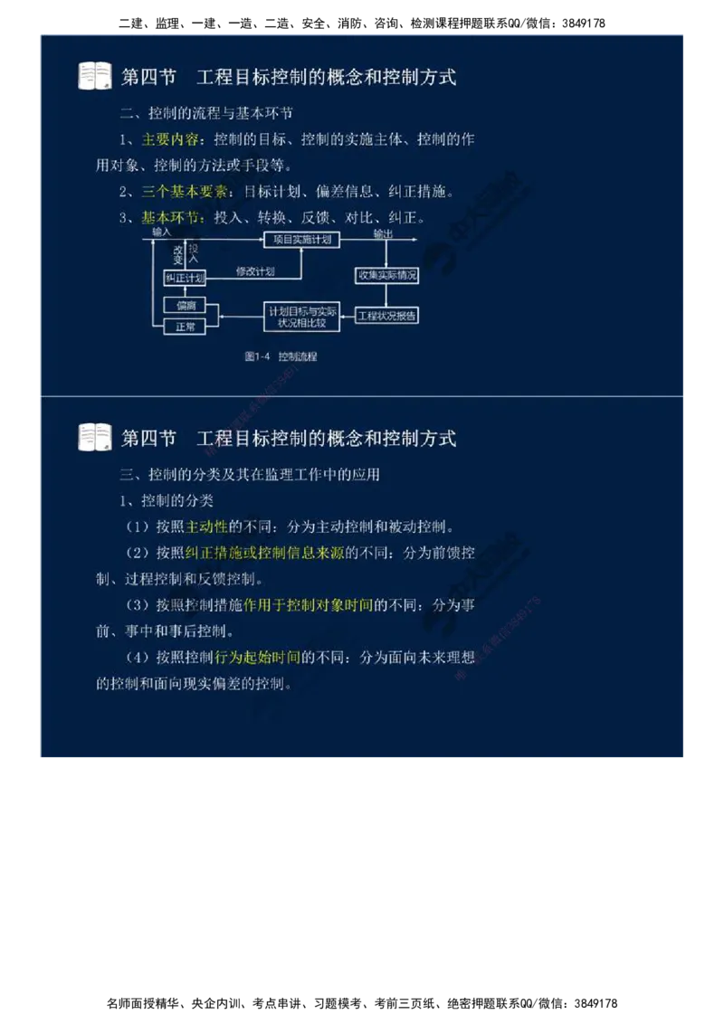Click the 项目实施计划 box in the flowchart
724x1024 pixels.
(302, 240)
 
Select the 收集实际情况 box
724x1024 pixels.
(386, 275)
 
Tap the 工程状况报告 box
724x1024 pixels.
(386, 316)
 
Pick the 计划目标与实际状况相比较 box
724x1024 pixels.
(301, 316)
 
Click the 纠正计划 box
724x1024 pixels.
(185, 277)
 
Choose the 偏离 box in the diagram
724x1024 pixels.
(186, 305)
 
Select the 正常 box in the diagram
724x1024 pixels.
(186, 327)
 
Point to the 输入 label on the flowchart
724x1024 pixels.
(162, 232)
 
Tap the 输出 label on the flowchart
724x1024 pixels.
(383, 232)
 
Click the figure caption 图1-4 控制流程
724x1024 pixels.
(281, 356)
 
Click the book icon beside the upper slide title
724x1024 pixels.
(95, 76)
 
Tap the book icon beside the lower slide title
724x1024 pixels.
(95, 438)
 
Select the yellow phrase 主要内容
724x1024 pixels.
(169, 140)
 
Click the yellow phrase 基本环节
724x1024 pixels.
(169, 218)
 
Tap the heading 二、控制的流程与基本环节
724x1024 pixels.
(205, 114)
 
